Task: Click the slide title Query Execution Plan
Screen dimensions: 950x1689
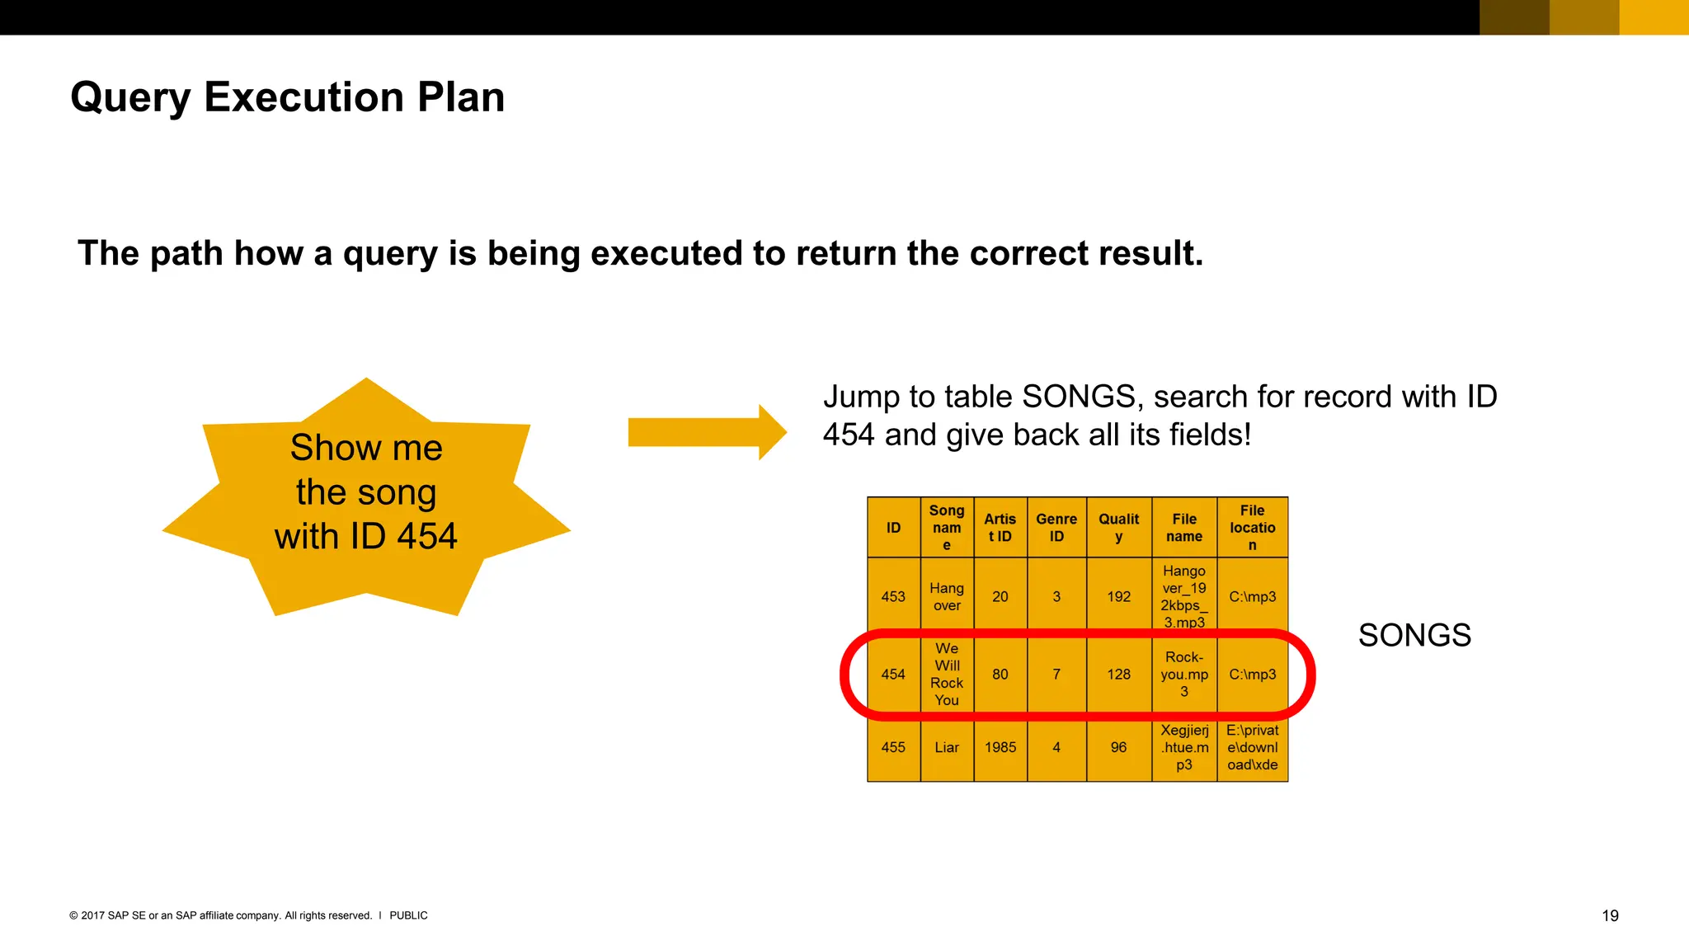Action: [287, 97]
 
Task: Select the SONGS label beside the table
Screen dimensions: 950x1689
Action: [1414, 635]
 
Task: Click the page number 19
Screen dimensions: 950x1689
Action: [1609, 915]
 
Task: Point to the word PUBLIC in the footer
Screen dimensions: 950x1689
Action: [408, 915]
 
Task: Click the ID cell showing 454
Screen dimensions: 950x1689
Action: [893, 675]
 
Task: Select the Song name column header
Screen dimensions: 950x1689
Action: [947, 528]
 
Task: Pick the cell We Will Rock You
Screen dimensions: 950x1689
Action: [947, 675]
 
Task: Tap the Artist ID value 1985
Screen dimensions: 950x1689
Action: [1000, 747]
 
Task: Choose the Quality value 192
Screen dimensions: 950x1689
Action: [1118, 596]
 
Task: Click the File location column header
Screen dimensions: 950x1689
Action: [1252, 528]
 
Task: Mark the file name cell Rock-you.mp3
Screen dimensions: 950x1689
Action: [1183, 675]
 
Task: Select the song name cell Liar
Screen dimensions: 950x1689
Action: [947, 747]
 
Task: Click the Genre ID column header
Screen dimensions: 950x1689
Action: [1056, 528]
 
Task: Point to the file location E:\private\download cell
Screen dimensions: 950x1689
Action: [1252, 747]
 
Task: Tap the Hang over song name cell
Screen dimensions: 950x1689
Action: [947, 596]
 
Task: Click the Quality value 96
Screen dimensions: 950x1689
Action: [1118, 747]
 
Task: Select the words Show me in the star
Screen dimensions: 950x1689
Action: [366, 448]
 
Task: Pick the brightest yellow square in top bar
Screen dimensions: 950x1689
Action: [1654, 17]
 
